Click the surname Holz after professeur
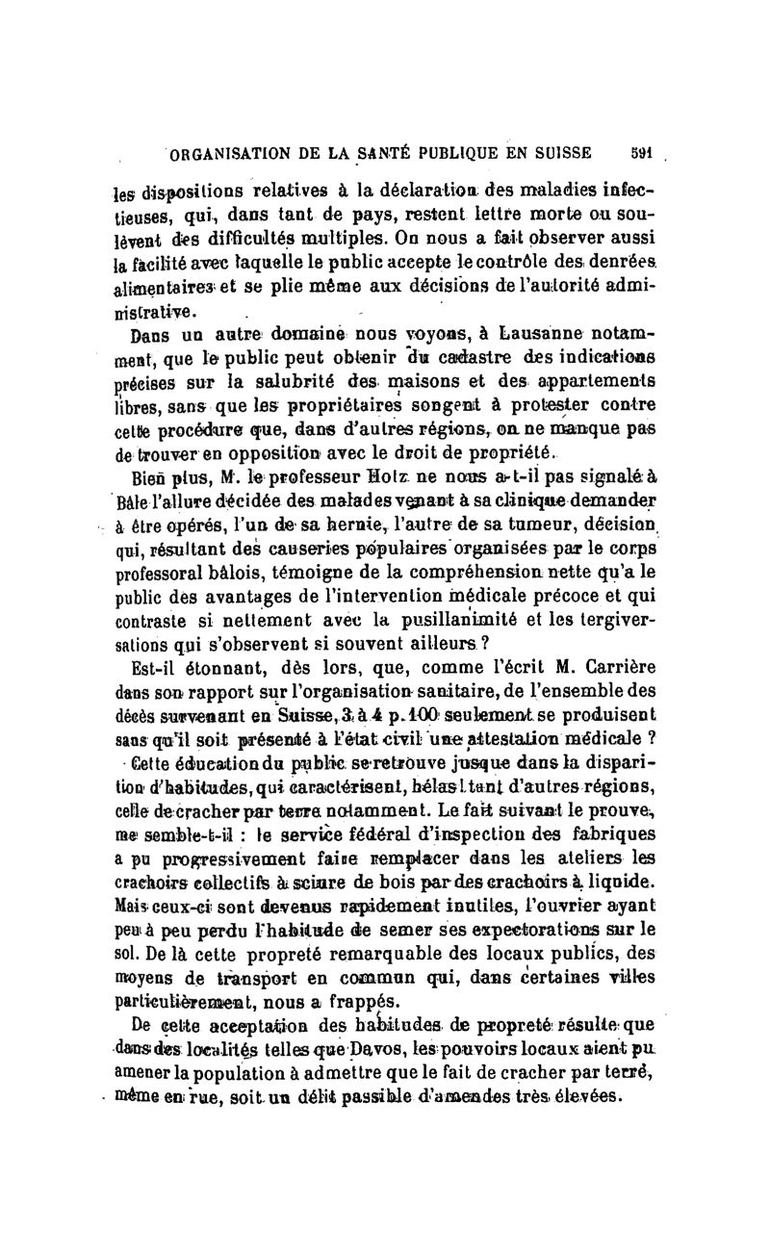[422, 474]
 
